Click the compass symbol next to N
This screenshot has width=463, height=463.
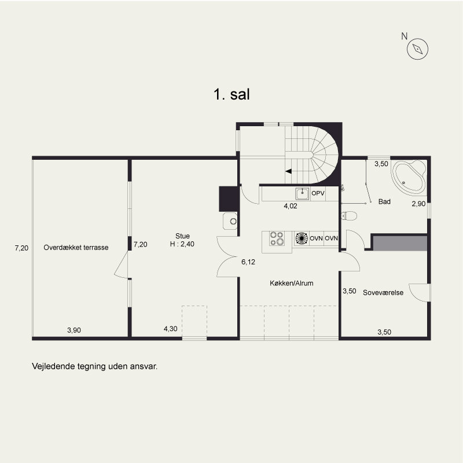coord(417,49)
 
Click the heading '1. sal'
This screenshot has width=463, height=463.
coord(232,94)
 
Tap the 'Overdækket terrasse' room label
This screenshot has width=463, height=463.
coord(76,248)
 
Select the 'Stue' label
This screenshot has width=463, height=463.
coord(182,236)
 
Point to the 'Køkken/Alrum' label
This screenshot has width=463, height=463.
coord(292,283)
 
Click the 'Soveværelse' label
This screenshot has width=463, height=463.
coord(383,293)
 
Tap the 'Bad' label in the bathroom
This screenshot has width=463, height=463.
coord(384,201)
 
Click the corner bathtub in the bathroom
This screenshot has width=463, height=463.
coord(409,177)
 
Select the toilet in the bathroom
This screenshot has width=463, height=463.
coord(349,216)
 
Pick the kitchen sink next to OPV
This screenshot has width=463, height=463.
coord(302,194)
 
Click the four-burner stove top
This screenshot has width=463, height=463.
coord(277,238)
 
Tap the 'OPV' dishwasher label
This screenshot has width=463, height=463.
coord(318,193)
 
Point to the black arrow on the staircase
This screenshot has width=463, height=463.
coord(288,171)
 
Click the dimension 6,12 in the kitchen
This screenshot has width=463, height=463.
coord(248,262)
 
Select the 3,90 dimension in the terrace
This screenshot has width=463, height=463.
coord(74,330)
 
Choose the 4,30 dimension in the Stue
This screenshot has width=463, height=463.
coord(170,329)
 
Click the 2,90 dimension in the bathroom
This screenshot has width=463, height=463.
coord(418,204)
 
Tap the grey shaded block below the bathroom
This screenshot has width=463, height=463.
coord(400,243)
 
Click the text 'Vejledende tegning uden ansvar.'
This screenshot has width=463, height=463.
coord(95,366)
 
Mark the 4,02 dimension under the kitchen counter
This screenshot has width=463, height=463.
coord(291,206)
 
